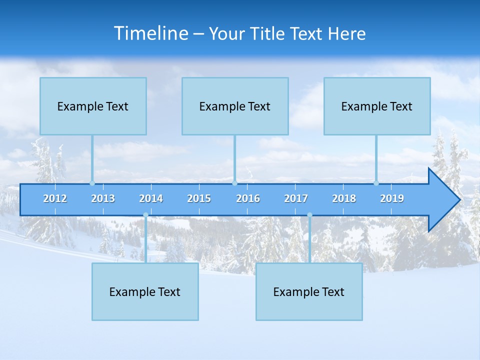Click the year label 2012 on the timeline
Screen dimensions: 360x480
pos(55,198)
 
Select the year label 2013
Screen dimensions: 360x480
pos(103,198)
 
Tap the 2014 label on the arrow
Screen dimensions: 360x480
pos(151,198)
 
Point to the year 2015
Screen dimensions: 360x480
pos(199,198)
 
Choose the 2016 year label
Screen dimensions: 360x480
pos(248,198)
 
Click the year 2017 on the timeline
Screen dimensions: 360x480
pos(296,198)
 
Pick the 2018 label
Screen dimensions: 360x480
pos(344,198)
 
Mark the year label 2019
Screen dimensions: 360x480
pos(392,198)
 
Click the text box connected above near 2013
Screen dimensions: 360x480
pos(93,106)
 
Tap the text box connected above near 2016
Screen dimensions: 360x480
pos(235,106)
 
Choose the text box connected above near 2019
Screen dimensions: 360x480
pos(377,106)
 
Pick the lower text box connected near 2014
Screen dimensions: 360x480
pos(145,291)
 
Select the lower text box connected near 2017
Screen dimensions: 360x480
pos(309,291)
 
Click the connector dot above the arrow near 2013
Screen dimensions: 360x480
pos(92,183)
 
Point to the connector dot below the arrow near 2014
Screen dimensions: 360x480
pos(145,215)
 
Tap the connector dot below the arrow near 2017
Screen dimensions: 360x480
pos(309,215)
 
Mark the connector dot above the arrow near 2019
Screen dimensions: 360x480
pos(376,183)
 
